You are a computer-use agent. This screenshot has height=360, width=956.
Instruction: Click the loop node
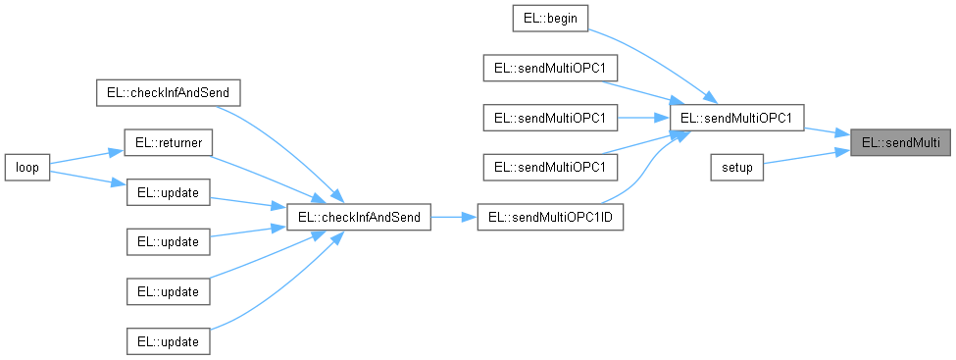tap(26, 168)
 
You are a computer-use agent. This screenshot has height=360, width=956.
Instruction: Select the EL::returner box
tap(169, 143)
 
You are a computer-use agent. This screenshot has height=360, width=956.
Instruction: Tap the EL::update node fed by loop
tap(169, 193)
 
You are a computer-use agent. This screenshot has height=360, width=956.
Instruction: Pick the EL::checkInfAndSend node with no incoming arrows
tap(169, 93)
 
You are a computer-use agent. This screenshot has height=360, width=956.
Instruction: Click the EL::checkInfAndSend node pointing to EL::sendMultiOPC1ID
tap(358, 218)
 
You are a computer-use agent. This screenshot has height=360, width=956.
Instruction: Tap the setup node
tap(737, 168)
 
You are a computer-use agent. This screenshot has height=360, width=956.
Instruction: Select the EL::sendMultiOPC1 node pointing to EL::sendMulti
tap(737, 118)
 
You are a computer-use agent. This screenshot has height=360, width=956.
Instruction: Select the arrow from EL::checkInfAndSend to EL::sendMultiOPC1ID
tap(453, 218)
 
